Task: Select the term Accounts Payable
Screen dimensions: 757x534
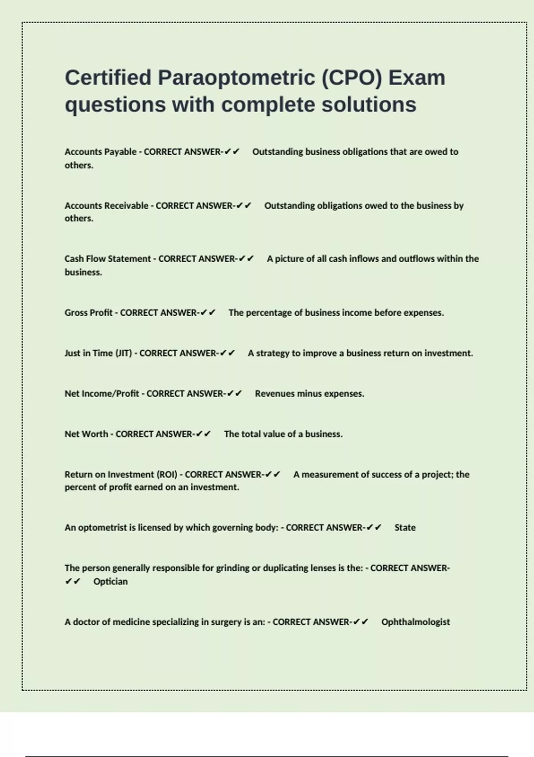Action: tap(101, 152)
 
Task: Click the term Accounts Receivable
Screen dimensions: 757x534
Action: tap(106, 206)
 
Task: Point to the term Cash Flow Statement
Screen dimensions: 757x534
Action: tap(108, 259)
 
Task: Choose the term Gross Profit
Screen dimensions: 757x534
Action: tap(89, 313)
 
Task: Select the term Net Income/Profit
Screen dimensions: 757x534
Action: tap(102, 394)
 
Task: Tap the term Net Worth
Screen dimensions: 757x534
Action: tap(86, 434)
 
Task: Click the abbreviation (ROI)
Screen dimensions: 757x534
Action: tap(167, 475)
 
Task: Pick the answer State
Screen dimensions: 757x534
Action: tap(405, 528)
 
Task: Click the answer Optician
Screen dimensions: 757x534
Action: tap(110, 582)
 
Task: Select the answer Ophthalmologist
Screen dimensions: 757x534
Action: tap(416, 622)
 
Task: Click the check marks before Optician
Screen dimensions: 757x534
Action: tap(73, 582)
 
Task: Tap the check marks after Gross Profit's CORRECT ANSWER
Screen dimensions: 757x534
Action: tap(208, 313)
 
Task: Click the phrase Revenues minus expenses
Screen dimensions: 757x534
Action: tap(309, 394)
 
